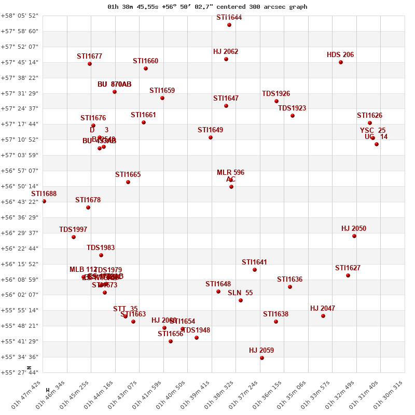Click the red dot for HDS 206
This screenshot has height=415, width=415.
(x=341, y=62)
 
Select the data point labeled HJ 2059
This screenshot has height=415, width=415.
(x=262, y=358)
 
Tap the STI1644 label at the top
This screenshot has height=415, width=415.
(x=229, y=18)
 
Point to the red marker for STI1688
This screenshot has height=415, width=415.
(x=44, y=201)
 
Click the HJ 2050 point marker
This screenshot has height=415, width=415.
(x=354, y=236)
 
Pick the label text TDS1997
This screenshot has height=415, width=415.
(x=73, y=229)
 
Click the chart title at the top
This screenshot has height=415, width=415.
(x=208, y=7)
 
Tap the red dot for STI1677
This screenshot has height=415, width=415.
(x=90, y=64)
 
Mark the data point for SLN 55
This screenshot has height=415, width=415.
(x=241, y=300)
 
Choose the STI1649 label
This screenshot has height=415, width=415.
(x=210, y=130)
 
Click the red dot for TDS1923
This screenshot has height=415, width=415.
(x=293, y=116)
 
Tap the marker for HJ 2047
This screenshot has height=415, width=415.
(x=323, y=316)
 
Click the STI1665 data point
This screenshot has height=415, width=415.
(x=128, y=182)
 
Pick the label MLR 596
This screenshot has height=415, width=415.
(x=230, y=172)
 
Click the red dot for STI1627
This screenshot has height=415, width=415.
(x=348, y=275)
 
